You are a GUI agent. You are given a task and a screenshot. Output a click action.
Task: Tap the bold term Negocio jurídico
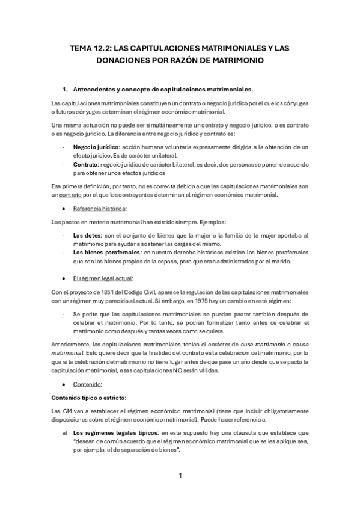97,147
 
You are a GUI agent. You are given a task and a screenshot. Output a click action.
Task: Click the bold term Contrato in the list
86,162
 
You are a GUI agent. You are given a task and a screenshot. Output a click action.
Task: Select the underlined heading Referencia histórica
100,208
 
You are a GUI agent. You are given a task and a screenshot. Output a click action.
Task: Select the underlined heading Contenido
87,382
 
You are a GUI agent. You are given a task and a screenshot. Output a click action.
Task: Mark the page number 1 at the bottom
180,476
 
